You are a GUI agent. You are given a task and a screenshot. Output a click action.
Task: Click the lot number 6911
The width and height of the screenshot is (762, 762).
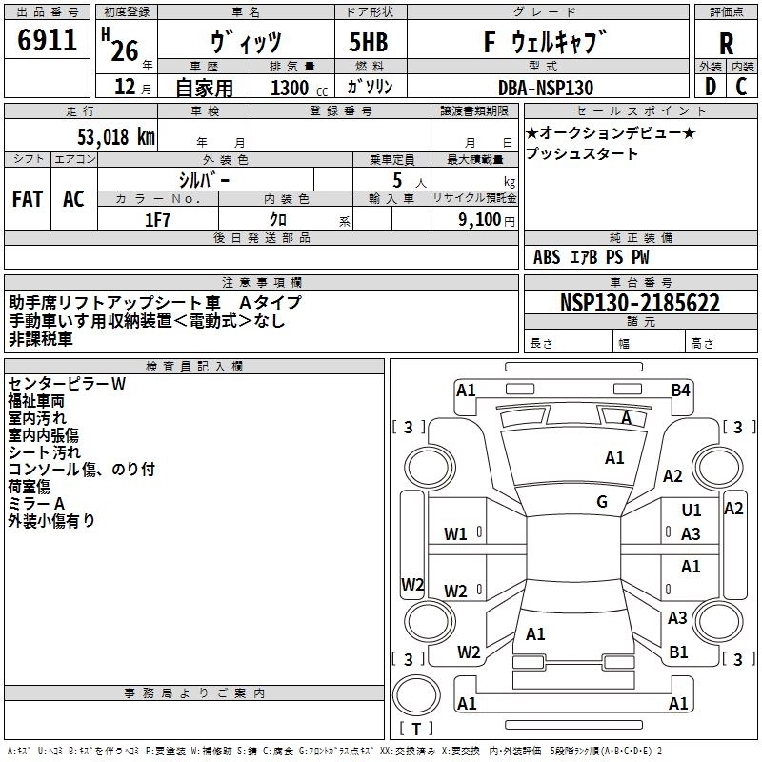[47, 40]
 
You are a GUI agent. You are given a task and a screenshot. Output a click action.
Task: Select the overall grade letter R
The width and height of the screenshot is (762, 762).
[726, 44]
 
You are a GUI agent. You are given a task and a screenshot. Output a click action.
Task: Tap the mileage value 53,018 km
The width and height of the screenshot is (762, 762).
[116, 137]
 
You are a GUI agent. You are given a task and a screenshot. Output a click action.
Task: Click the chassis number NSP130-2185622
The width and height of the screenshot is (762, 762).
[639, 303]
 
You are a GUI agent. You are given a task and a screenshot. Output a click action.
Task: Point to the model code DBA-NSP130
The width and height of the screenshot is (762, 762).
[546, 88]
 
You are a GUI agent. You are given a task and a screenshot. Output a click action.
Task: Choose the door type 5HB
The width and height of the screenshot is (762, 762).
[369, 42]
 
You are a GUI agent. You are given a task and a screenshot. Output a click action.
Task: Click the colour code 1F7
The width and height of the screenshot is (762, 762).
[157, 220]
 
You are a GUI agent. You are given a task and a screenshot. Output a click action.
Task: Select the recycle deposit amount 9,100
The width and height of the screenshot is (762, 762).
[480, 220]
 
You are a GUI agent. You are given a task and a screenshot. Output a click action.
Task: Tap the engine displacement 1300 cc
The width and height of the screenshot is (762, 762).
[299, 89]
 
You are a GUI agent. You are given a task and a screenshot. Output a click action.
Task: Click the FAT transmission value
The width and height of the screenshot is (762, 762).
[28, 199]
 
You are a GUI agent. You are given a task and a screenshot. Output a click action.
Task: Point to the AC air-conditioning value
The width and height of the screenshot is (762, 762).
[73, 199]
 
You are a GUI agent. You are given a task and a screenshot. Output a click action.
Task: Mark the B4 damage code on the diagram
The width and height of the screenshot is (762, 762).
[680, 391]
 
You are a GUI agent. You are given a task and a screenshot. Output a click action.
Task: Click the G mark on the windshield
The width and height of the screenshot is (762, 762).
[602, 502]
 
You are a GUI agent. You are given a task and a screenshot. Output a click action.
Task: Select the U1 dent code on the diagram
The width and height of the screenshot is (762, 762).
[692, 510]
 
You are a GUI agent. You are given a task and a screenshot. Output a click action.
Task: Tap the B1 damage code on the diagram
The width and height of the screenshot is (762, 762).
[678, 652]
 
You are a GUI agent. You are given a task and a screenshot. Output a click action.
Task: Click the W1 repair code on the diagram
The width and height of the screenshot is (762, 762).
[455, 534]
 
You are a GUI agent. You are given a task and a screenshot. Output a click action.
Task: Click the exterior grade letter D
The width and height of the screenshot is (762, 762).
[711, 87]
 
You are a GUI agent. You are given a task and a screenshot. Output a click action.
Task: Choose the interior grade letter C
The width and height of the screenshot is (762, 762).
[741, 87]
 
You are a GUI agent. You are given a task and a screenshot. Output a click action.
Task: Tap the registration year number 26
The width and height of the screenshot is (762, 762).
[125, 51]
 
